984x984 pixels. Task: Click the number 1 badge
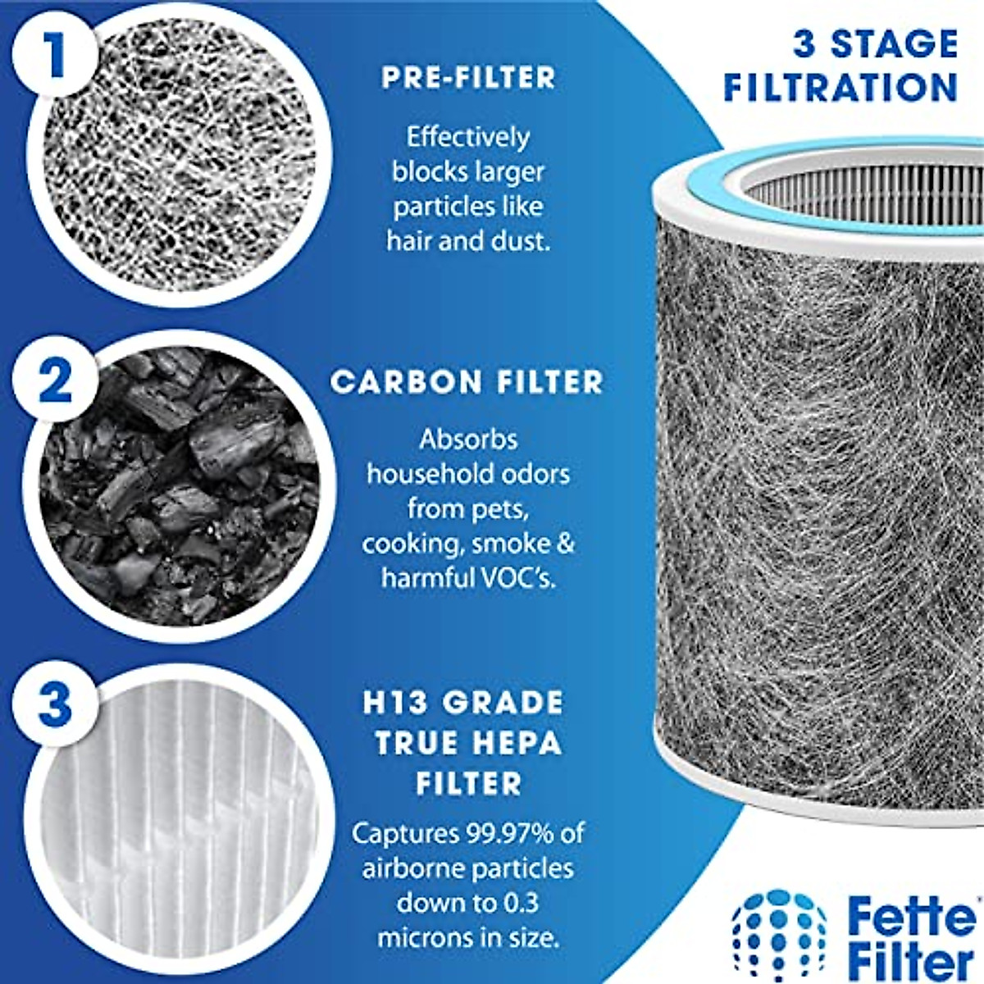pyautogui.click(x=53, y=53)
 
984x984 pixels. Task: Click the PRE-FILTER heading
pyautogui.click(x=468, y=78)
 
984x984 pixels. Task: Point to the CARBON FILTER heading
pyautogui.click(x=467, y=382)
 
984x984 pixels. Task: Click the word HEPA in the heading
pyautogui.click(x=516, y=743)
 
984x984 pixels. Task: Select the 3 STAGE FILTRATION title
pyautogui.click(x=841, y=66)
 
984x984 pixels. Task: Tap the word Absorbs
pyautogui.click(x=468, y=440)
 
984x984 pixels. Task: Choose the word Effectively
pyautogui.click(x=468, y=137)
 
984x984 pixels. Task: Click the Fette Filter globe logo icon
pyautogui.click(x=778, y=935)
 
